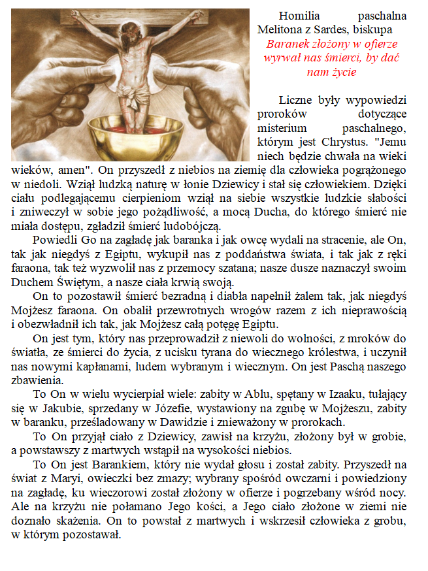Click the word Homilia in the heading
298,16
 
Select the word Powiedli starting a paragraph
54,240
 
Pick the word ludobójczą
190,225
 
